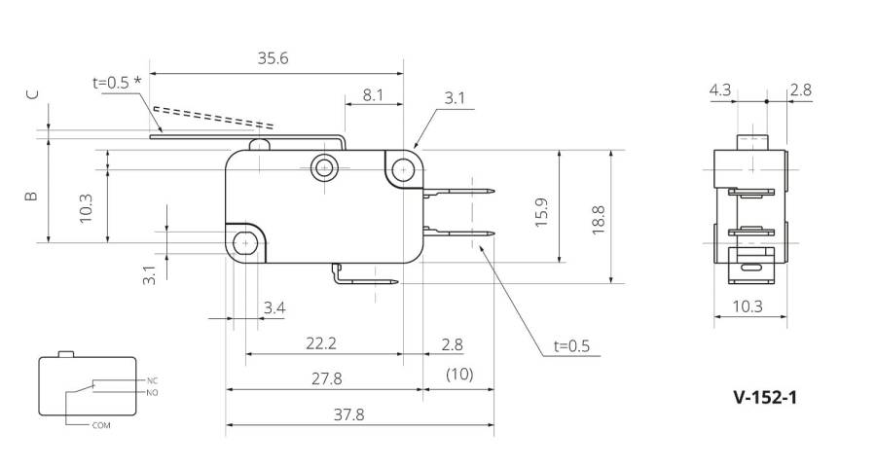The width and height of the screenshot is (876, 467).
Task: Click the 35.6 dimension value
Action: pos(273,58)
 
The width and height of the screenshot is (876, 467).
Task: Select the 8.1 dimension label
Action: pos(373,95)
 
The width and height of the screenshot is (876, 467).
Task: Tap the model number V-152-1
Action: pos(765,397)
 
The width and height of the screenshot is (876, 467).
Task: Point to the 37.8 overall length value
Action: pos(348,414)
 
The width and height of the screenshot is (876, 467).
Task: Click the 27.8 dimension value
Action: pos(326,378)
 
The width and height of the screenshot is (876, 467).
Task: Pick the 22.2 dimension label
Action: pos(320,343)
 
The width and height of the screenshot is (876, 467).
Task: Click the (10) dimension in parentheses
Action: pos(459,374)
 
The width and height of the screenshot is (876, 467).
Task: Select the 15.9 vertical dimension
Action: pos(541,212)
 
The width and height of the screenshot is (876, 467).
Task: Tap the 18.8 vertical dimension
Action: pos(598,220)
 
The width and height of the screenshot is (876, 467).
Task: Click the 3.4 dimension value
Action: pos(274,307)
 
